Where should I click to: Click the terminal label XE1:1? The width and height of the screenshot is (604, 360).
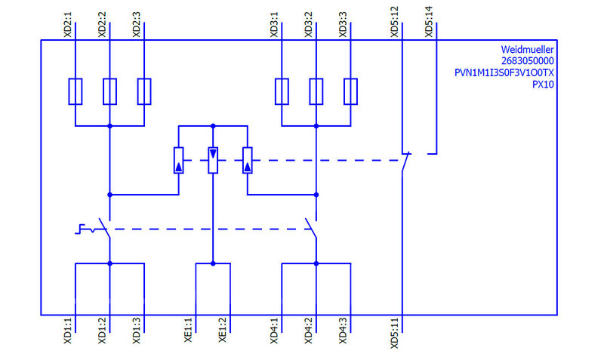click(189, 331)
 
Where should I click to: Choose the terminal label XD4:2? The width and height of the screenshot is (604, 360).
click(309, 331)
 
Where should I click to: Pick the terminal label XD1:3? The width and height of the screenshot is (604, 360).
click(137, 331)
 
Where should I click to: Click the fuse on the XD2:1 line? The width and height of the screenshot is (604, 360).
click(75, 91)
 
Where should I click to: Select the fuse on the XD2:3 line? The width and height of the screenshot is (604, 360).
click(144, 91)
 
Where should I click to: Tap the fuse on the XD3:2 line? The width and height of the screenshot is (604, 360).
click(316, 91)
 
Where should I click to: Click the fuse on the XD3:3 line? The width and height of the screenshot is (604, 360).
click(351, 91)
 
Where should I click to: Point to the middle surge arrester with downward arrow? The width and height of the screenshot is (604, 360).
click(213, 160)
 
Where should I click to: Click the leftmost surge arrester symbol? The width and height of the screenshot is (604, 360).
click(178, 160)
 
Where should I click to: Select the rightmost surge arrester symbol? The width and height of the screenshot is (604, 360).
click(248, 160)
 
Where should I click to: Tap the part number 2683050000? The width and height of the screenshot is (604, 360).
click(528, 60)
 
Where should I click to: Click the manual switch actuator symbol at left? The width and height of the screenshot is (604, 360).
click(88, 229)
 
